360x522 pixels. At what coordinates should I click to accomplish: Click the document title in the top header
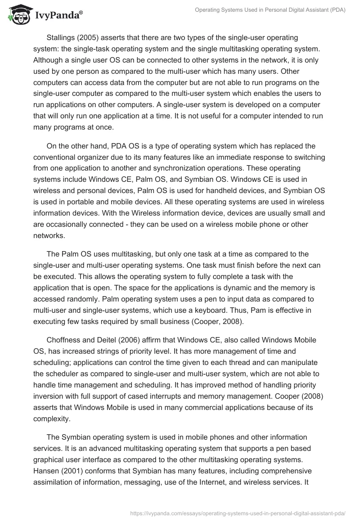(x=270, y=10)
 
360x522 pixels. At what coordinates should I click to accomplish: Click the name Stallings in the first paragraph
(x=61, y=37)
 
